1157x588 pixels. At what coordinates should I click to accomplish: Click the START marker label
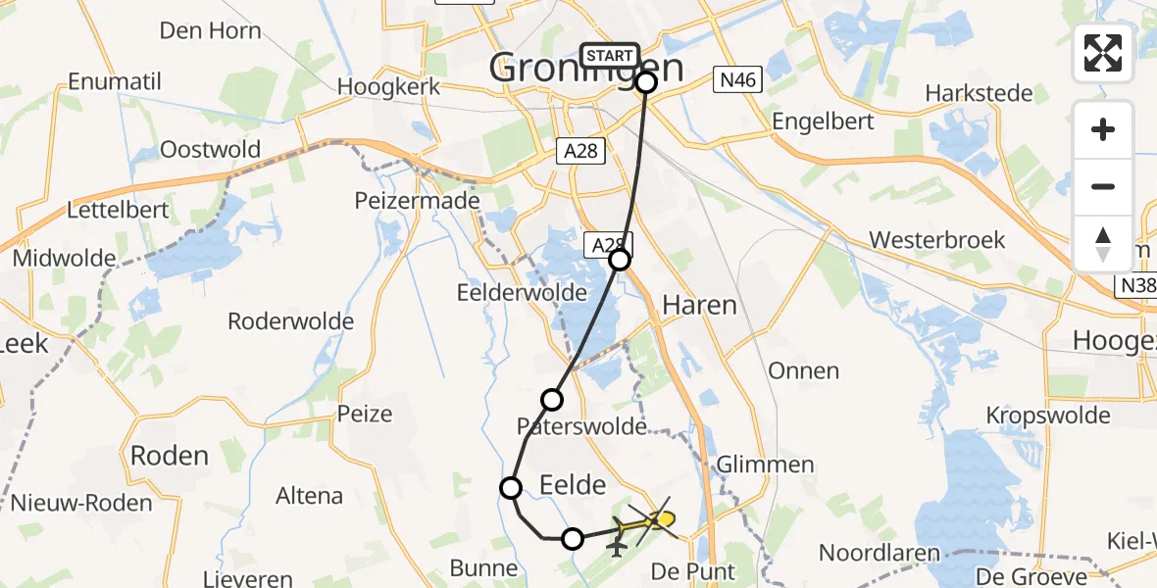609,56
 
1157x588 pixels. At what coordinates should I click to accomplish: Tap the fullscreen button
1103,53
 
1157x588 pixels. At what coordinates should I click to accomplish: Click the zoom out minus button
1103,186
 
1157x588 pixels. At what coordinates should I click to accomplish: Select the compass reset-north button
1103,243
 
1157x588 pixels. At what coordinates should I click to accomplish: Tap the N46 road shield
736,80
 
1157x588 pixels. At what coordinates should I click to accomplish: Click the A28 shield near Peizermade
581,151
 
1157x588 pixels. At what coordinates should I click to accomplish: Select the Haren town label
699,305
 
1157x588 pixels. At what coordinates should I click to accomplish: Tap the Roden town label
170,456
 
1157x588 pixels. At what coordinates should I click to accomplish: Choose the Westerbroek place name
936,240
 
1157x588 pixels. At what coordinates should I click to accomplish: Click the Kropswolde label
1049,415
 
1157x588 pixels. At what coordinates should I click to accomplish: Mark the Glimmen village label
766,464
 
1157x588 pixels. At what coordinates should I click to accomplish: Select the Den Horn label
210,30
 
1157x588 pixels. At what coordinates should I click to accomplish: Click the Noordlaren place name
880,554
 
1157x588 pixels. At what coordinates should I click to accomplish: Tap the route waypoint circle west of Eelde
511,488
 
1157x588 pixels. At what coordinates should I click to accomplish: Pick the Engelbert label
822,122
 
